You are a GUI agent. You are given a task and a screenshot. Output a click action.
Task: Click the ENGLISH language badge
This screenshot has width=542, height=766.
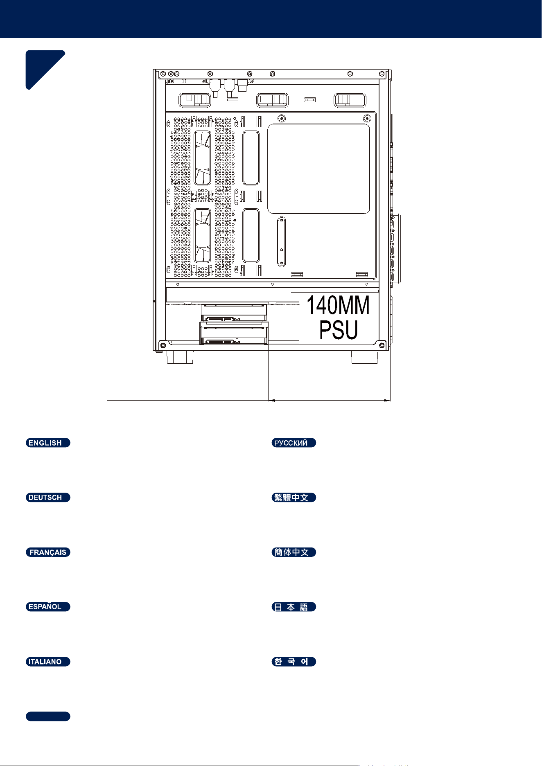point(48,443)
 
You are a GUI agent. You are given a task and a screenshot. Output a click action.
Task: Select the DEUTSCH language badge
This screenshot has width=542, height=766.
point(48,498)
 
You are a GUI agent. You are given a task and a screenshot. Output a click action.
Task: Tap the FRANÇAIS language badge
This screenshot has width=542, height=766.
point(48,552)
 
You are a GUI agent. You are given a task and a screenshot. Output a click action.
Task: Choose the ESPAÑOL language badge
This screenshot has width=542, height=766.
point(48,607)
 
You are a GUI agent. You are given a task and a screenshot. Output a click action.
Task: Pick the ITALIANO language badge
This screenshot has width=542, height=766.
point(48,662)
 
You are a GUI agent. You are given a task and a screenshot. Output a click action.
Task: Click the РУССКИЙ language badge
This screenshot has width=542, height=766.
point(294,443)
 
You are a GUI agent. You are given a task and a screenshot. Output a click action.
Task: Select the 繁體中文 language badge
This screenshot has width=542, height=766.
point(294,498)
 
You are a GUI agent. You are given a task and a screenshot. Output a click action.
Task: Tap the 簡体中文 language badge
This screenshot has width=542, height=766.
point(294,552)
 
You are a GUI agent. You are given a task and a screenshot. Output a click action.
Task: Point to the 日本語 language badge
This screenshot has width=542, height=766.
point(294,607)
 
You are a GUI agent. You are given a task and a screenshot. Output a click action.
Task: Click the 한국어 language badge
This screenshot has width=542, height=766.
point(294,662)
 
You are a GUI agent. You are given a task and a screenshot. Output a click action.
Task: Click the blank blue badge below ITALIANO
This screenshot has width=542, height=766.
point(48,716)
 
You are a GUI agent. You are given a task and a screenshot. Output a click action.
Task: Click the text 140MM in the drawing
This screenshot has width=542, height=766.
point(338,305)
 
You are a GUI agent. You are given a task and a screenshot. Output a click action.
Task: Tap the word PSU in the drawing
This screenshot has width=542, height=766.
point(339,330)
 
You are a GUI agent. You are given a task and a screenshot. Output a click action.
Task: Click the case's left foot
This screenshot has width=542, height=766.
point(180,357)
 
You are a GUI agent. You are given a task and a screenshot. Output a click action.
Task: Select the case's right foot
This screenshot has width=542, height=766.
point(365,357)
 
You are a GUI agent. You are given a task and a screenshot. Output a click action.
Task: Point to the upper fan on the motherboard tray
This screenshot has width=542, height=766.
point(202,158)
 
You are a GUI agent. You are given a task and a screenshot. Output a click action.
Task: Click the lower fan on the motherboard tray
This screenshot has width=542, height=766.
point(202,236)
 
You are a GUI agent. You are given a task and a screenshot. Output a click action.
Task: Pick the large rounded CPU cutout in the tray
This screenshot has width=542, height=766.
point(318,169)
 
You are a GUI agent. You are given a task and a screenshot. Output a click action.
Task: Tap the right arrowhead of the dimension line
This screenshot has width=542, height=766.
point(387,401)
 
